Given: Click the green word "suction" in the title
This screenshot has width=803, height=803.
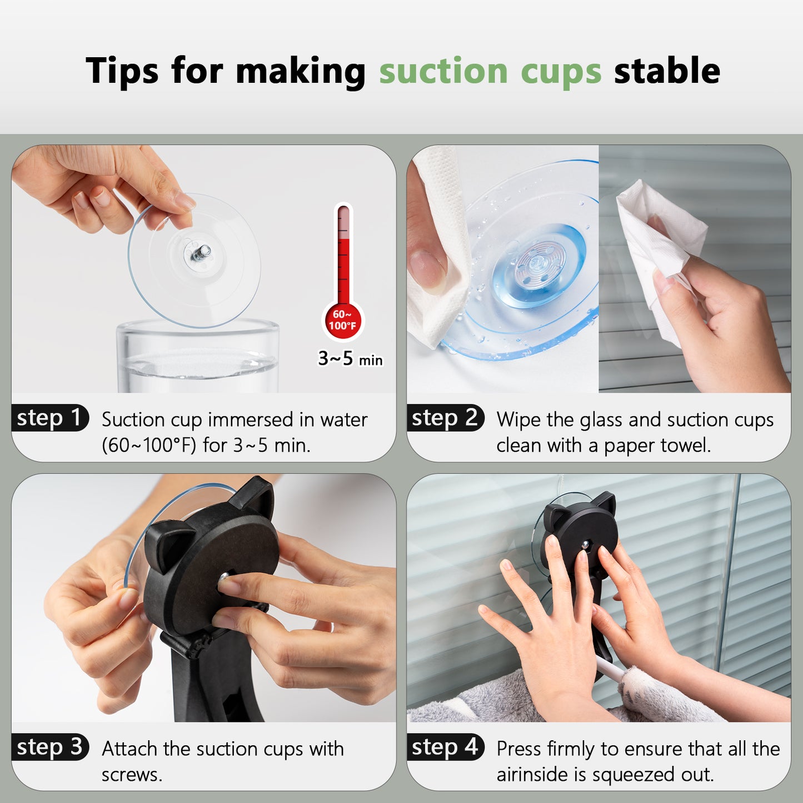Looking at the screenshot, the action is click(443, 71).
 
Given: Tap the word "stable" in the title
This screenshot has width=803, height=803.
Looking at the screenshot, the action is click(667, 70).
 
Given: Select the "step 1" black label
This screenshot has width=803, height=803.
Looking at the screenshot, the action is click(50, 417).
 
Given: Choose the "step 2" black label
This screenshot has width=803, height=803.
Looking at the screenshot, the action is click(446, 417).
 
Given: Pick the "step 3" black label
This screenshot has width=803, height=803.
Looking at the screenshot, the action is click(50, 747).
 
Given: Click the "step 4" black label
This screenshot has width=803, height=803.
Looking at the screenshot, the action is click(446, 747).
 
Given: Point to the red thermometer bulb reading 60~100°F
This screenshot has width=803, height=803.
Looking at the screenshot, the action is click(343, 321).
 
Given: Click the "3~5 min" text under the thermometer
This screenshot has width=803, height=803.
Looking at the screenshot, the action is click(350, 358).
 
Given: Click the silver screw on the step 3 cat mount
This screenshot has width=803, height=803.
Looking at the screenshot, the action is click(224, 577).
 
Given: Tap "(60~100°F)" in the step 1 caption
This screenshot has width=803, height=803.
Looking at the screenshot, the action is click(149, 446).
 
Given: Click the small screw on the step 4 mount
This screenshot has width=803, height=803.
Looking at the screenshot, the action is click(586, 543).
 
